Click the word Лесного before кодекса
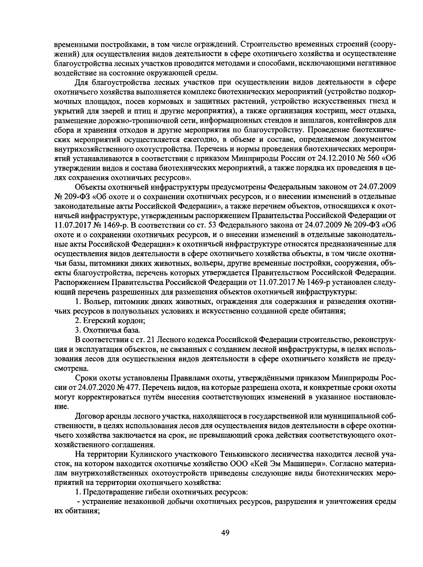point(173,340)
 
